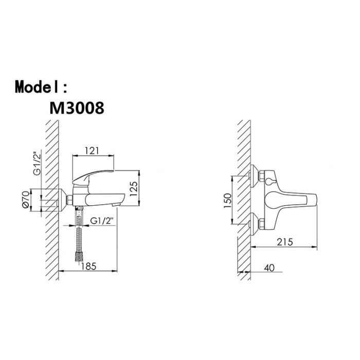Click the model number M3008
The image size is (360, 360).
click(x=77, y=108)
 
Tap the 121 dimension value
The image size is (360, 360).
click(x=92, y=151)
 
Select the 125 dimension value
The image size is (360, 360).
click(x=134, y=189)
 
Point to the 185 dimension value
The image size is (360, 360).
click(x=88, y=266)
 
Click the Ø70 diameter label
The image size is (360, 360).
click(x=26, y=200)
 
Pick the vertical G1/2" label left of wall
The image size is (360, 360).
click(x=37, y=163)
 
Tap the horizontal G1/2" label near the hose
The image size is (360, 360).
click(x=102, y=221)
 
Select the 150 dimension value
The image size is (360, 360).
click(x=228, y=201)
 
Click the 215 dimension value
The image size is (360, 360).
click(x=285, y=242)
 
